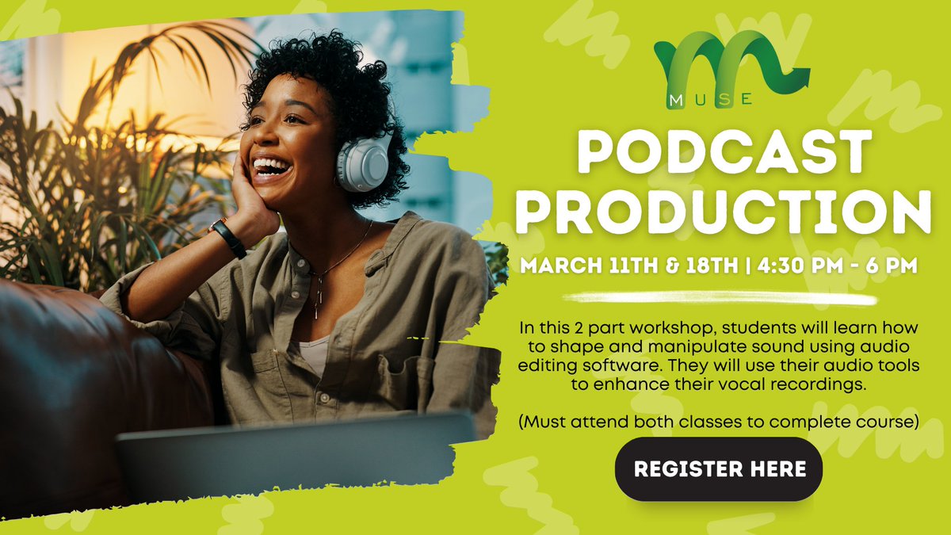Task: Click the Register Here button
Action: pos(720,468)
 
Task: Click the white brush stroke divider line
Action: pos(720,299)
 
